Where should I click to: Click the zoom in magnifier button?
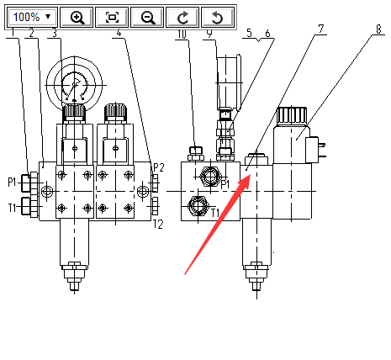pyautogui.click(x=77, y=18)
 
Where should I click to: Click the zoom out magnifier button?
pyautogui.click(x=147, y=18)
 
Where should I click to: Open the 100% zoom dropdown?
pyautogui.click(x=33, y=17)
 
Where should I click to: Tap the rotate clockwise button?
pyautogui.click(x=182, y=18)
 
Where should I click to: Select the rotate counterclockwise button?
pyautogui.click(x=218, y=18)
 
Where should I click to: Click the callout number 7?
pyautogui.click(x=321, y=29)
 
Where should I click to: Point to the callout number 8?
pyautogui.click(x=378, y=29)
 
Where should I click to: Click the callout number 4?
pyautogui.click(x=119, y=33)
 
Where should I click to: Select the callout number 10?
pyautogui.click(x=182, y=34)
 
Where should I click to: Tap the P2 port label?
pyautogui.click(x=158, y=167)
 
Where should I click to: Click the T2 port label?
pyautogui.click(x=158, y=225)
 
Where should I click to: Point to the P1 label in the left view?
pyautogui.click(x=12, y=183)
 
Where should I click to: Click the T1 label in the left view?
pyautogui.click(x=12, y=208)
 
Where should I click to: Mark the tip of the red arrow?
pyautogui.click(x=250, y=175)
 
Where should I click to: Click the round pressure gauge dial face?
pyautogui.click(x=74, y=84)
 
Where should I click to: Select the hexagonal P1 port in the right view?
pyautogui.click(x=210, y=177)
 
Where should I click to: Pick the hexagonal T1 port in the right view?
pyautogui.click(x=198, y=206)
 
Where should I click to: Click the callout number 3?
pyautogui.click(x=55, y=34)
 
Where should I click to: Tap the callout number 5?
pyautogui.click(x=249, y=33)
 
